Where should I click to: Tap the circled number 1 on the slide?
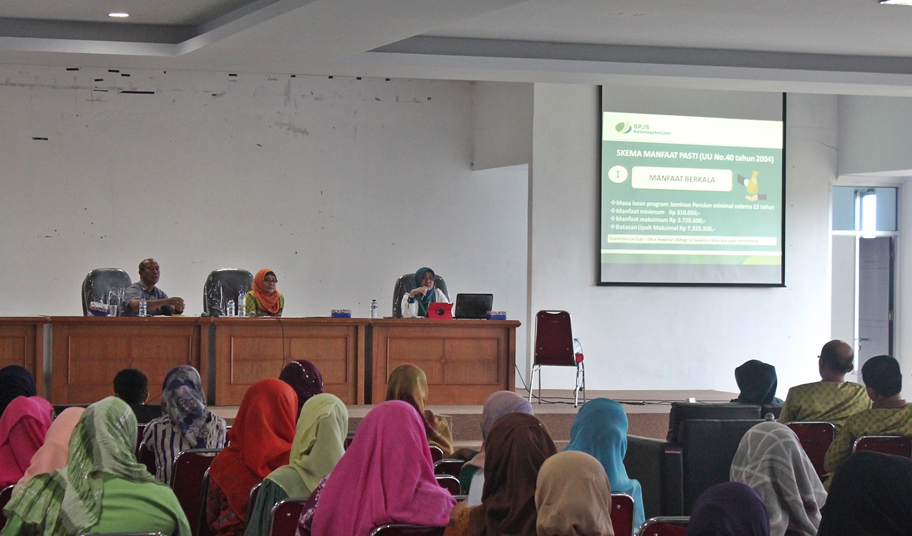tap(618, 175)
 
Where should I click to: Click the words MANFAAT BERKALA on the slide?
tap(681, 179)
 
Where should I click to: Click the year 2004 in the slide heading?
tap(761, 159)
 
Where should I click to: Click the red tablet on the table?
tap(440, 310)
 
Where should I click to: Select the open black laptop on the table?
tap(473, 305)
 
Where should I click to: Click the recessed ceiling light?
tap(118, 14)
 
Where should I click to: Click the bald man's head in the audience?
tap(837, 357)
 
